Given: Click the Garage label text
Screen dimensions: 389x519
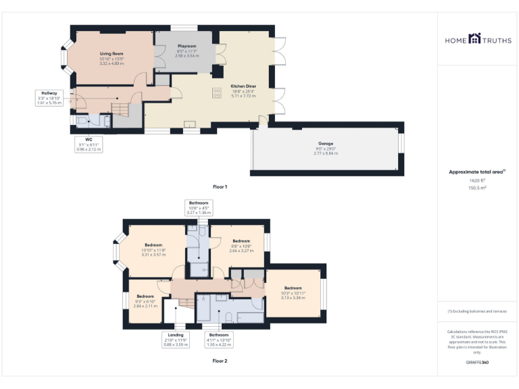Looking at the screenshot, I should coord(325,144).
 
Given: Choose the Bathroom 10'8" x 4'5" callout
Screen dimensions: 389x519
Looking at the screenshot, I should coord(198,207).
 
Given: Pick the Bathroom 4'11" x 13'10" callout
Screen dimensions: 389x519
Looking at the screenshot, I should coord(218,339).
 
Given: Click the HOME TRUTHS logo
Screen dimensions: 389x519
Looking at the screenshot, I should coord(478,40).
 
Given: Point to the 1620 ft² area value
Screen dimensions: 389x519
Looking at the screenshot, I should coord(478,181).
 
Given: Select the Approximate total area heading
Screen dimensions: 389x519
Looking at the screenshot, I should coord(477,172).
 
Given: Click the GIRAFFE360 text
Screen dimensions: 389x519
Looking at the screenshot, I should coord(477,363).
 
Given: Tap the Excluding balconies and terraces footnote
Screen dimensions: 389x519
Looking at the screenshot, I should coord(477,311).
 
